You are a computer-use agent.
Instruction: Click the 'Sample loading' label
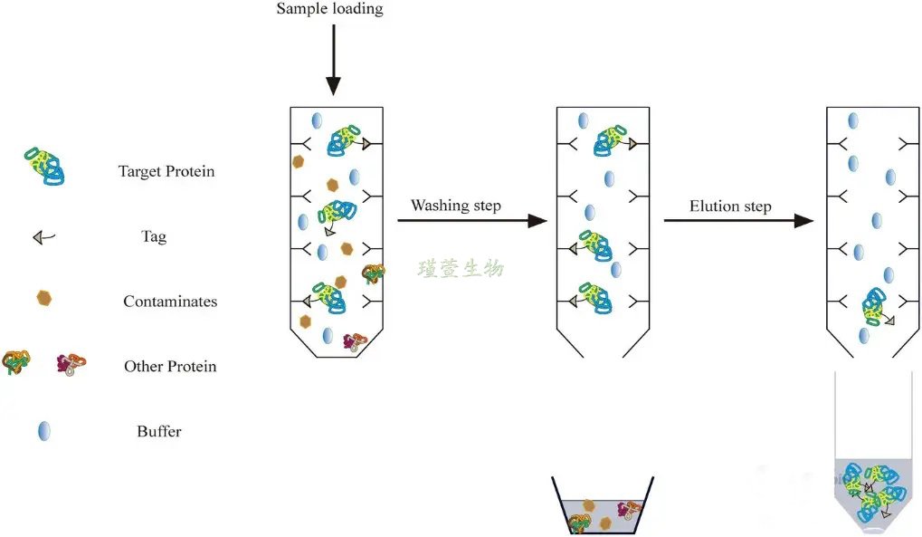[x=329, y=10]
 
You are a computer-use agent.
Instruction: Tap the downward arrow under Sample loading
[x=333, y=59]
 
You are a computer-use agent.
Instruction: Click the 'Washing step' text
[x=455, y=206]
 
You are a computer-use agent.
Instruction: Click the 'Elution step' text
[x=730, y=206]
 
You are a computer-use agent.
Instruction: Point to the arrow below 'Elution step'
[x=738, y=221]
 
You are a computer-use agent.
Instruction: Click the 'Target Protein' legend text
[x=166, y=171]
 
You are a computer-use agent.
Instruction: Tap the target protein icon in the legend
[x=44, y=167]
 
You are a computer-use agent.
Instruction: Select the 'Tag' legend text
[x=154, y=237]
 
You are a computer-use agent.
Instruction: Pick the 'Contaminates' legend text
[x=170, y=302]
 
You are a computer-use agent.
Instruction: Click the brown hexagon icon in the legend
[x=43, y=297]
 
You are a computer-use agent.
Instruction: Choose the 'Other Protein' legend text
[x=170, y=367]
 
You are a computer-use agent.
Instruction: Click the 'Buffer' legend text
[x=159, y=432]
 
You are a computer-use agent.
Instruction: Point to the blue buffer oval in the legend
[x=43, y=431]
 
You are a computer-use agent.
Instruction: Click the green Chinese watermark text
[x=461, y=269]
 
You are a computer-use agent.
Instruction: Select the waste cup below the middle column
[x=602, y=509]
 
